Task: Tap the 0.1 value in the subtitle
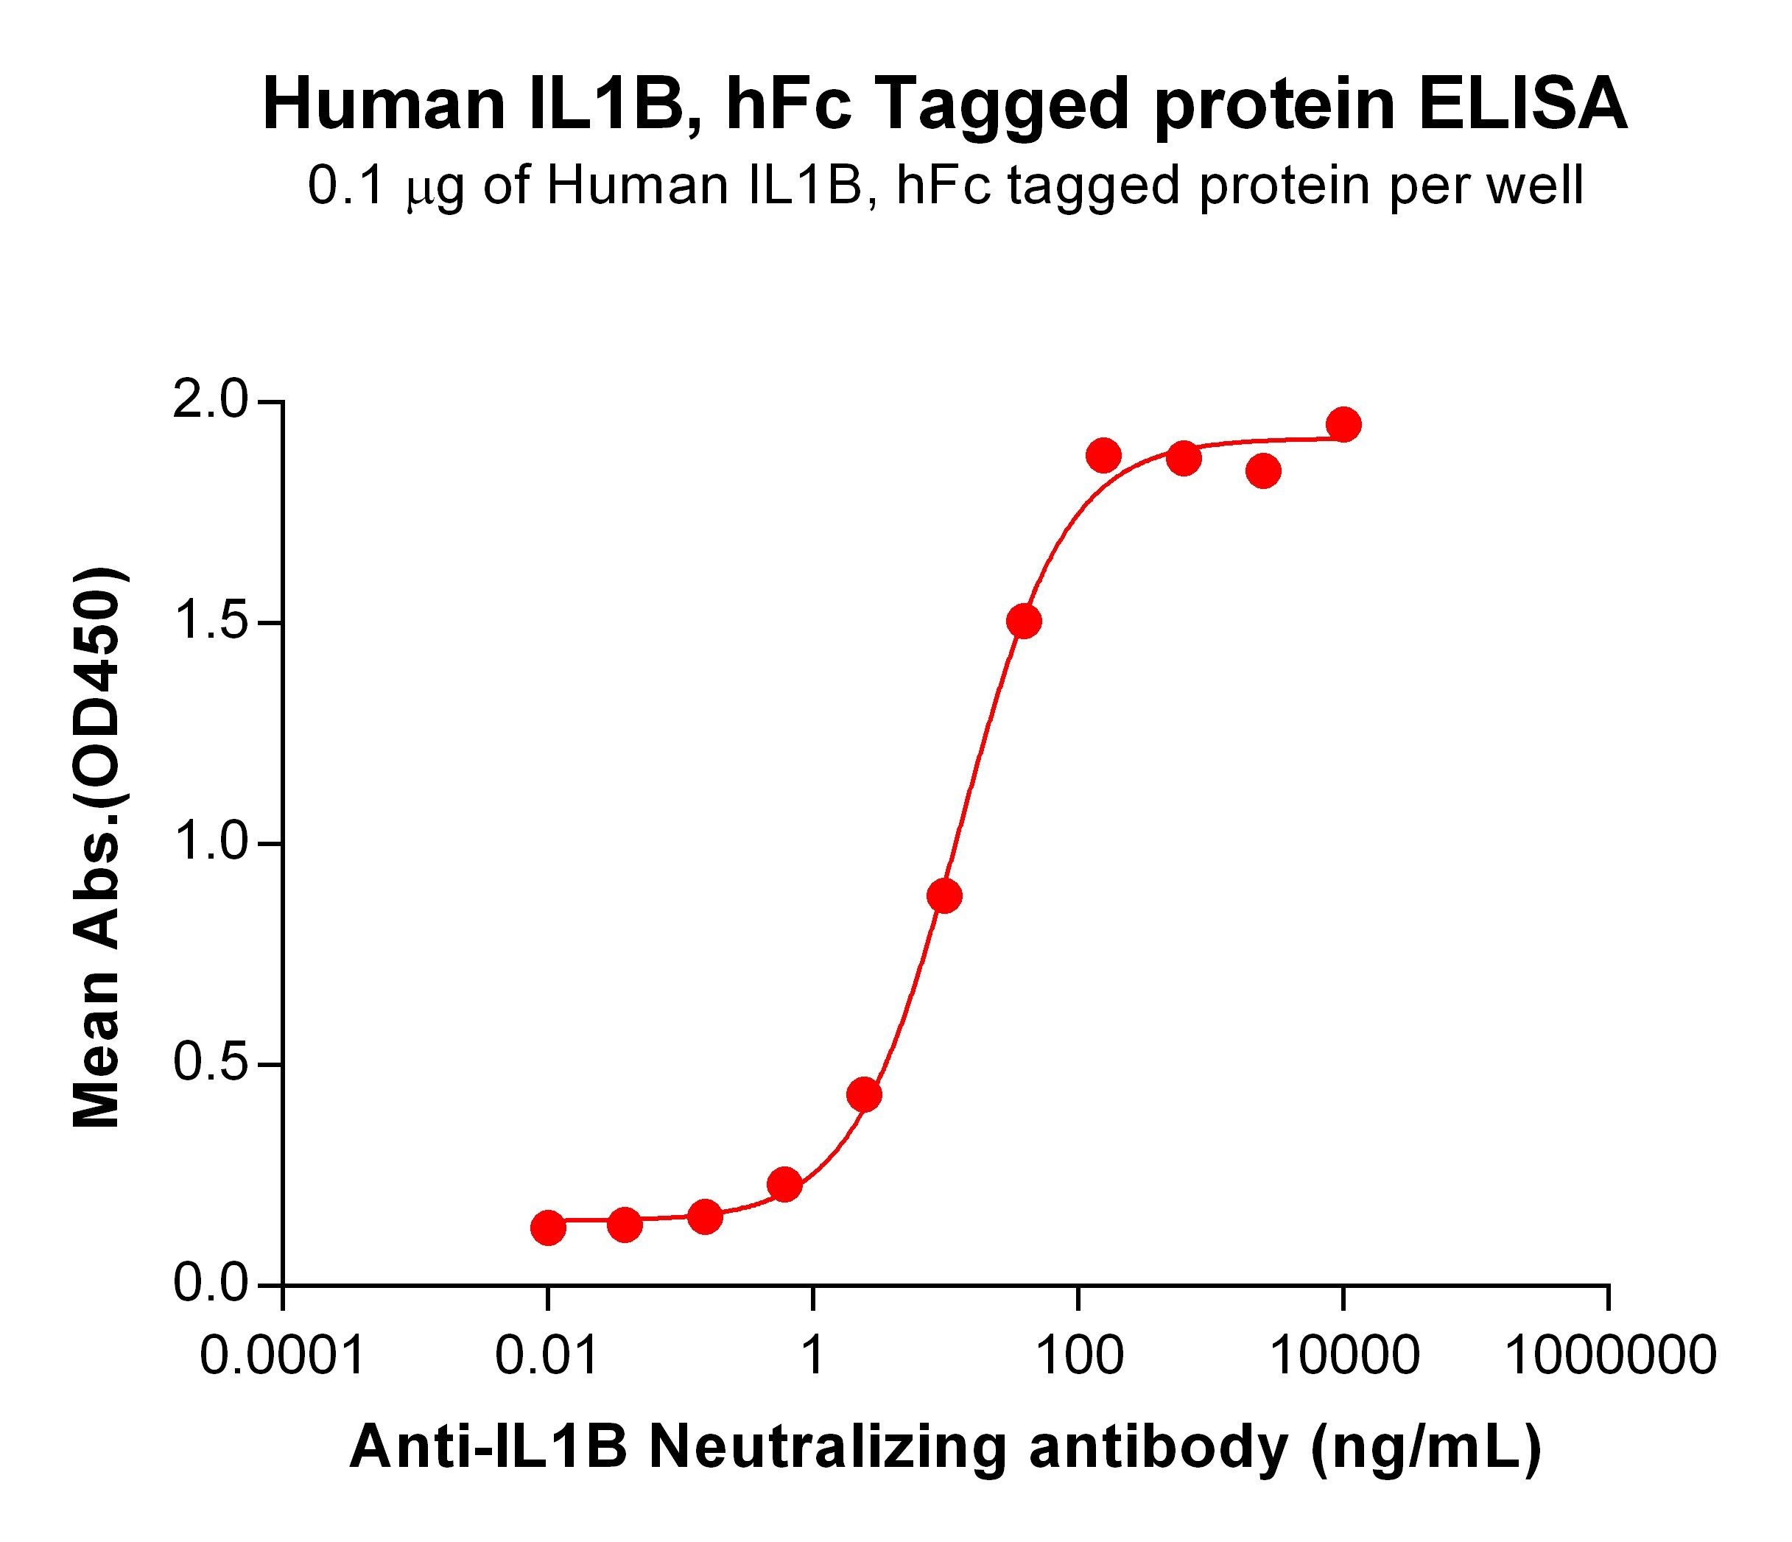[346, 186]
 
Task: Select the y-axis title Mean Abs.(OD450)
[98, 848]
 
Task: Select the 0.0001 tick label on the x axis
[283, 1355]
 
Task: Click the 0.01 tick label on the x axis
[547, 1355]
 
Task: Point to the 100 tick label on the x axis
[1078, 1355]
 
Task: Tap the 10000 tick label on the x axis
[1343, 1355]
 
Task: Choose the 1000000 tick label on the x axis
[1610, 1355]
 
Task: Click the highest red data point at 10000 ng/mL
[1343, 425]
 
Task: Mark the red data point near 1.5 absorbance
[1024, 621]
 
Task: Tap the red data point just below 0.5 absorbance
[864, 1095]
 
